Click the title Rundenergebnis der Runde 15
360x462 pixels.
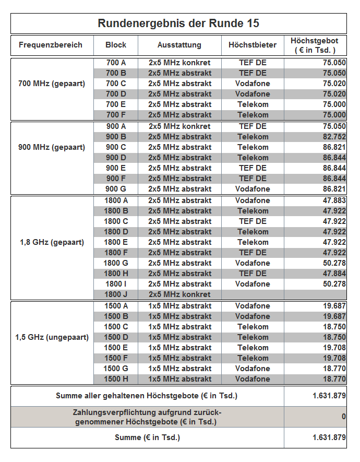[178, 23]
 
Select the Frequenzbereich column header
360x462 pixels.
[51, 45]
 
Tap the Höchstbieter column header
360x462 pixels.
[253, 45]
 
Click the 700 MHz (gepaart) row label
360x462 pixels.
[52, 84]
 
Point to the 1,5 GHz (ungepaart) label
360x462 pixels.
[52, 337]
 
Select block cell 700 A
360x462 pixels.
[116, 63]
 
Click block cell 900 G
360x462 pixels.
[116, 189]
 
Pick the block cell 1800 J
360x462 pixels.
[116, 294]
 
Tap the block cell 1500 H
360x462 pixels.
[116, 379]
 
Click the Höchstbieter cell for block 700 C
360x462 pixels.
[253, 84]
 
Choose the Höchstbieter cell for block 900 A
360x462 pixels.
[253, 126]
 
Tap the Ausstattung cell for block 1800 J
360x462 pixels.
[179, 294]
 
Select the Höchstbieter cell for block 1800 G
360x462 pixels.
[253, 263]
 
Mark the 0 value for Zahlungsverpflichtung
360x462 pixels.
[343, 417]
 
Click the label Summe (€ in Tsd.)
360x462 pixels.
[147, 437]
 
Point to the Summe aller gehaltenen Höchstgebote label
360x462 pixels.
[147, 396]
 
